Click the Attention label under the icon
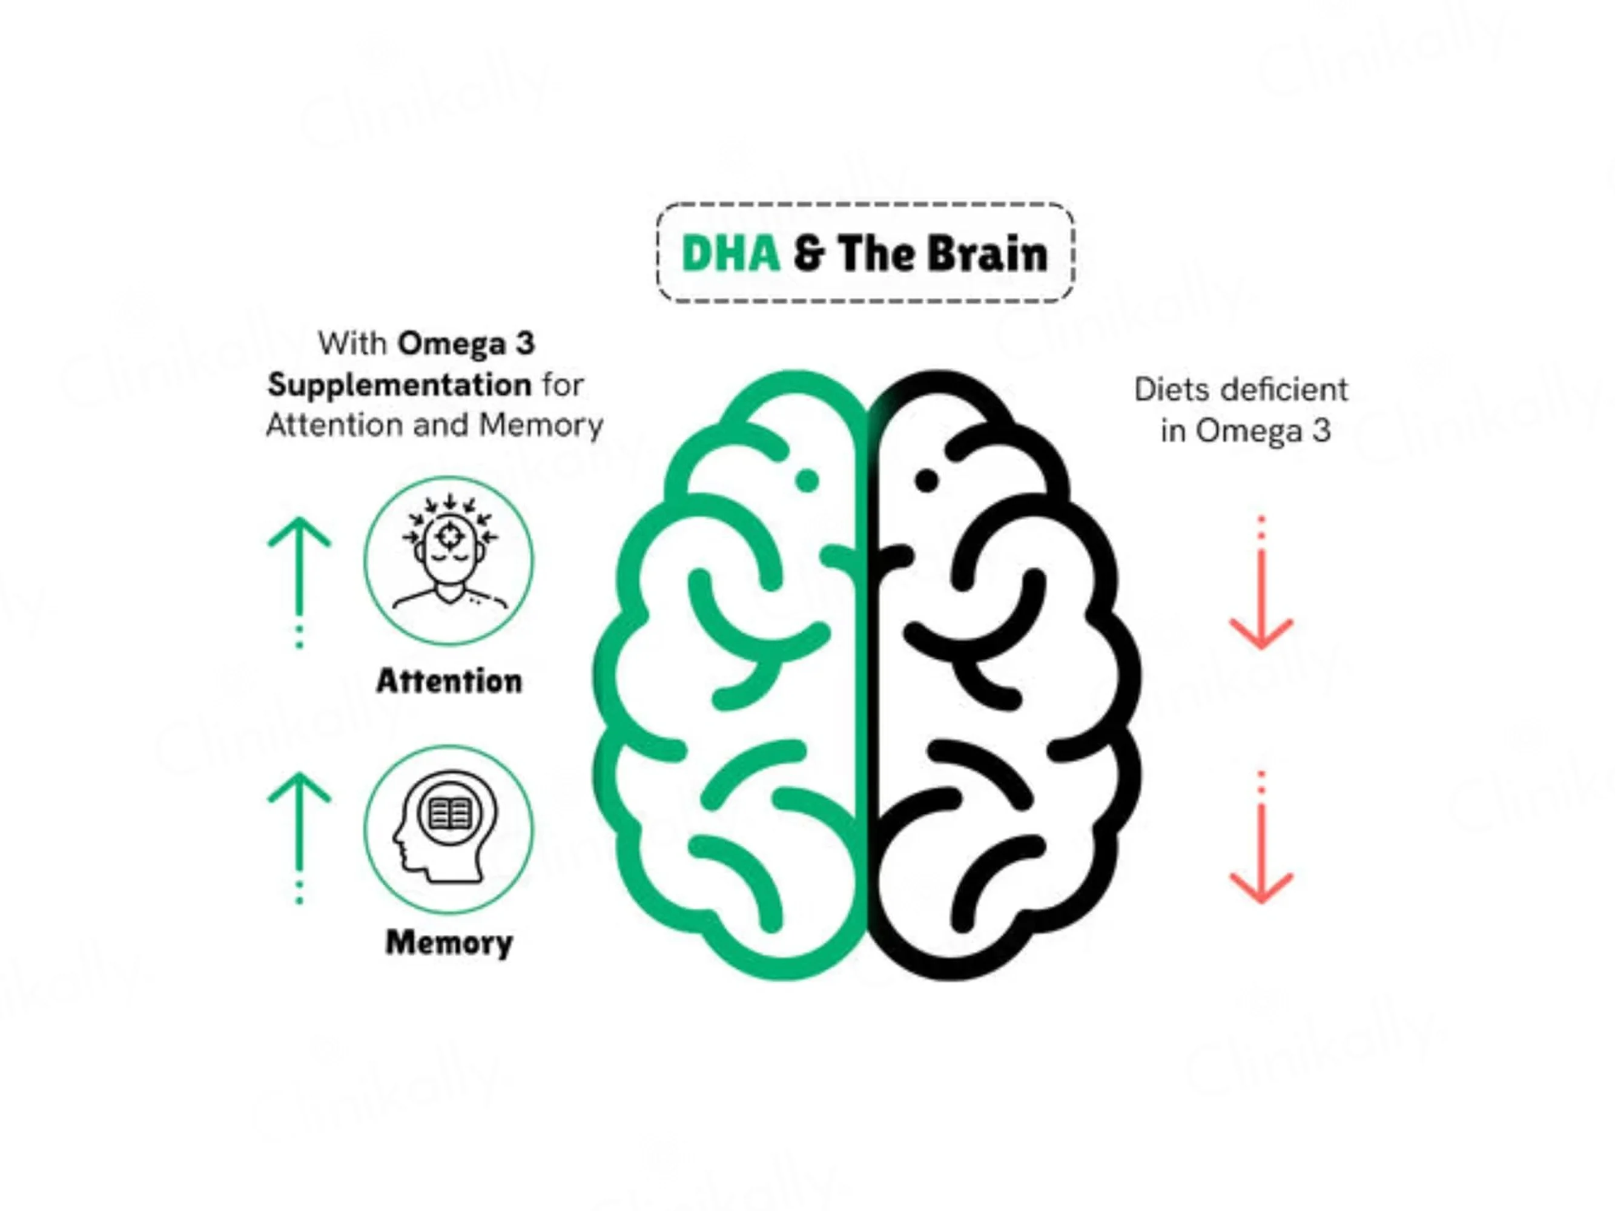coord(450,681)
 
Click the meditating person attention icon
coord(449,560)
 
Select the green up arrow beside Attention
coord(299,582)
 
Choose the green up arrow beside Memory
coord(299,838)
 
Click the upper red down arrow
coord(1261,582)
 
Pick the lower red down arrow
coord(1261,837)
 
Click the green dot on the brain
coord(807,480)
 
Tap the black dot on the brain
coord(926,480)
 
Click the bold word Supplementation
coord(400,384)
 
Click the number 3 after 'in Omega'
coord(1323,430)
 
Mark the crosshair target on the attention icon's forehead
coord(449,536)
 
